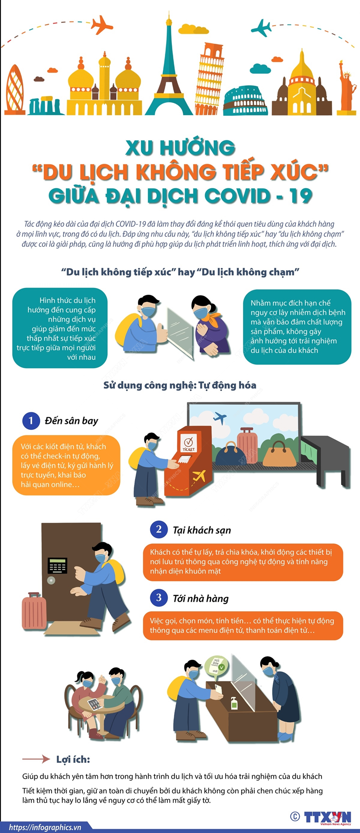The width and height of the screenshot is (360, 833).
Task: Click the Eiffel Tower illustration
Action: tap(169, 74)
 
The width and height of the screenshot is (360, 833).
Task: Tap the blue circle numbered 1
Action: tap(31, 421)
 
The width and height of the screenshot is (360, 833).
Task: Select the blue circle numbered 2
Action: tap(159, 529)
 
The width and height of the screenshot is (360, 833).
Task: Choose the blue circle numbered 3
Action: tap(159, 597)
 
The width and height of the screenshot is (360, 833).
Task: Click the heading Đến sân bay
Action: tap(71, 421)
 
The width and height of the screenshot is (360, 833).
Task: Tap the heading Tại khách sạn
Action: tap(202, 530)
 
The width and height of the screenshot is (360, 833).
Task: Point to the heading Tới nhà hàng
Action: tap(201, 598)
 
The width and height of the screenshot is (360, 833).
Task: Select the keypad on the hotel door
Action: tap(57, 565)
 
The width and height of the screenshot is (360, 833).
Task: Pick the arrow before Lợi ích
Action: tap(36, 759)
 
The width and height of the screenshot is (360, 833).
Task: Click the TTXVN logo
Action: tap(327, 817)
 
